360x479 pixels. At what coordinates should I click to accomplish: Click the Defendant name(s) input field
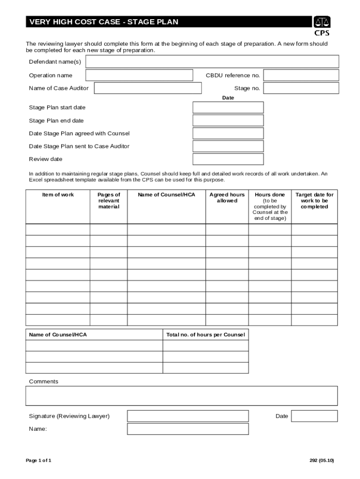(x=212, y=62)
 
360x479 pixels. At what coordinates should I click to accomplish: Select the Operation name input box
(x=139, y=75)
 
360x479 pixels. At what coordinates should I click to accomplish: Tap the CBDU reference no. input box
(x=301, y=75)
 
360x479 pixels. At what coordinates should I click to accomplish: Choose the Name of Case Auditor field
(x=148, y=88)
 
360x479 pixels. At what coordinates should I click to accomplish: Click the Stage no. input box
(x=301, y=88)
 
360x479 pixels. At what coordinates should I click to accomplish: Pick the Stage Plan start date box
(x=228, y=108)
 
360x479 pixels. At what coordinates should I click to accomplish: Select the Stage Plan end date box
(x=228, y=121)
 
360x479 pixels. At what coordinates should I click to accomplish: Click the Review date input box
(x=228, y=160)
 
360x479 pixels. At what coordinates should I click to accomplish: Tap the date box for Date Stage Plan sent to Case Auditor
(x=228, y=146)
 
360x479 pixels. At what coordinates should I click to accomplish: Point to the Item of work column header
(x=58, y=195)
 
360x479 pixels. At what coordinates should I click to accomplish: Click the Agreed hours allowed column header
(x=227, y=197)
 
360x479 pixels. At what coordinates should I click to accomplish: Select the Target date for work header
(x=314, y=201)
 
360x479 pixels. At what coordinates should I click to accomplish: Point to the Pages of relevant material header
(x=108, y=201)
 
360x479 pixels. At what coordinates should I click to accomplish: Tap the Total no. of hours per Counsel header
(x=206, y=334)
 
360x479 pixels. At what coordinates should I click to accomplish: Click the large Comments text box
(x=181, y=396)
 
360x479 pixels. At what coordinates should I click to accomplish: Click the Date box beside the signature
(x=314, y=416)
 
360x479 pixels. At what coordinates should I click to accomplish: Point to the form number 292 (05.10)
(x=322, y=460)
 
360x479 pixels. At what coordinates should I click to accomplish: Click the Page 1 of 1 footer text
(x=38, y=460)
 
